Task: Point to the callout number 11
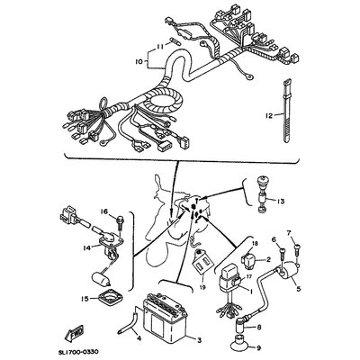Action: tap(160, 45)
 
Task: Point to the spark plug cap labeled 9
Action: tap(242, 342)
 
